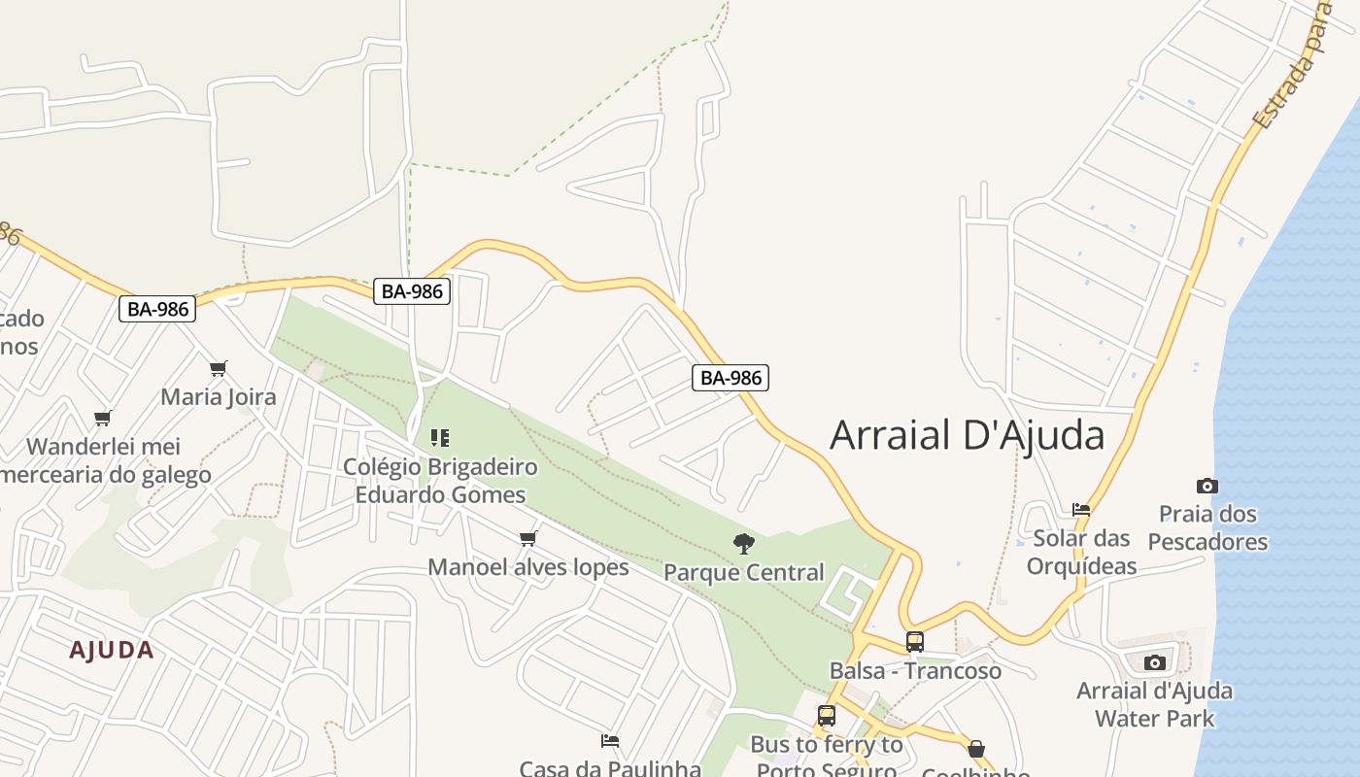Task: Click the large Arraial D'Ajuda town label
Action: pos(967,435)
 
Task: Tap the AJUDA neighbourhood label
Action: pos(112,650)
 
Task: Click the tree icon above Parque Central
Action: pos(744,544)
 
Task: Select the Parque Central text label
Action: pos(744,572)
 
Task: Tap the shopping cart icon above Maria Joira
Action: pos(219,369)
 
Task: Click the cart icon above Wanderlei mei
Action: pos(103,419)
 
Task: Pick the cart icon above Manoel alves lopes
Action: pos(528,538)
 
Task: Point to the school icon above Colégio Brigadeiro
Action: pos(440,438)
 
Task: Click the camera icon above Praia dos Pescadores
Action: pos(1207,486)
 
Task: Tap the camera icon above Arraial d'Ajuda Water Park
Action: pos(1155,663)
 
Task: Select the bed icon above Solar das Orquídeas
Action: pos(1081,510)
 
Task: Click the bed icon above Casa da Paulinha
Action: pos(610,741)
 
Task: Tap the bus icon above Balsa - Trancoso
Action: pos(915,641)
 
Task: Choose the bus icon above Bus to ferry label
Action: pos(827,716)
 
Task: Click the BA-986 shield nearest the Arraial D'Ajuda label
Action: pos(731,378)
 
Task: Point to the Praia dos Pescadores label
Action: pos(1207,527)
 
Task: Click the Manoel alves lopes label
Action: pos(528,566)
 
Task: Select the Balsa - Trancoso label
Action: pos(915,670)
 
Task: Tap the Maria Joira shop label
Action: pos(219,396)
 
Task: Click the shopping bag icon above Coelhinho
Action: pos(976,749)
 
